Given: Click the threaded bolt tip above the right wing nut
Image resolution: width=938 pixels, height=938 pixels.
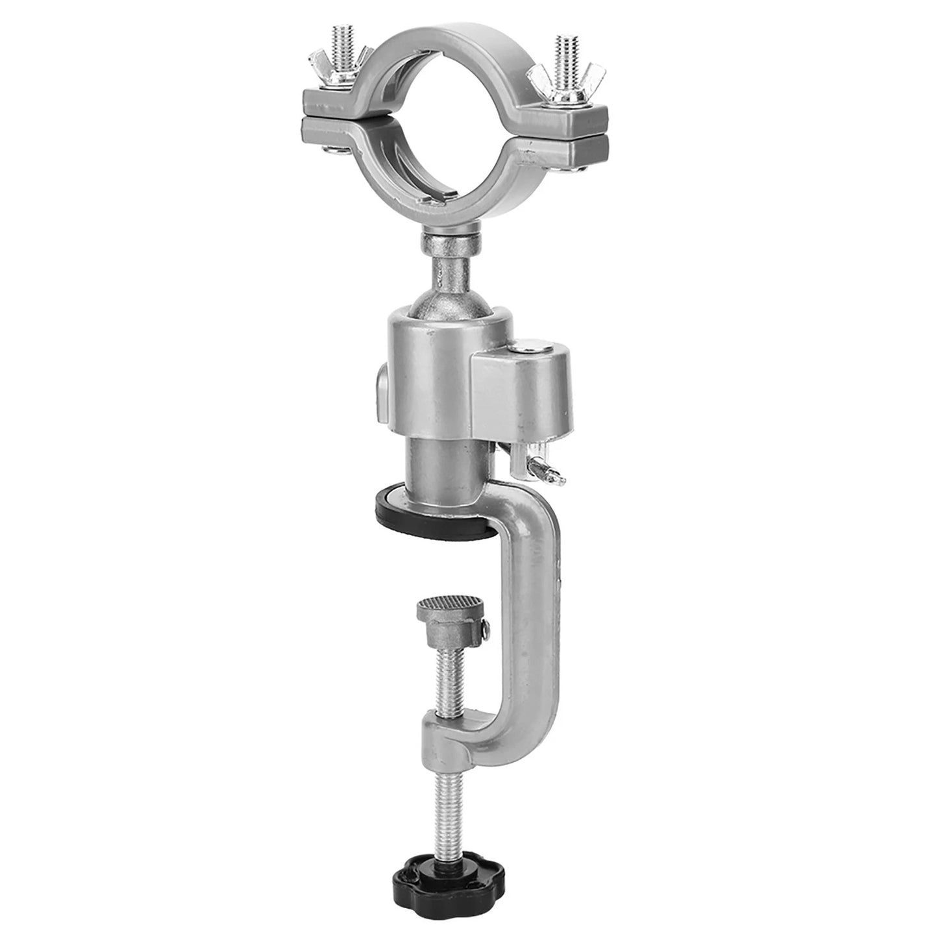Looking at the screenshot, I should click(x=563, y=42).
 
